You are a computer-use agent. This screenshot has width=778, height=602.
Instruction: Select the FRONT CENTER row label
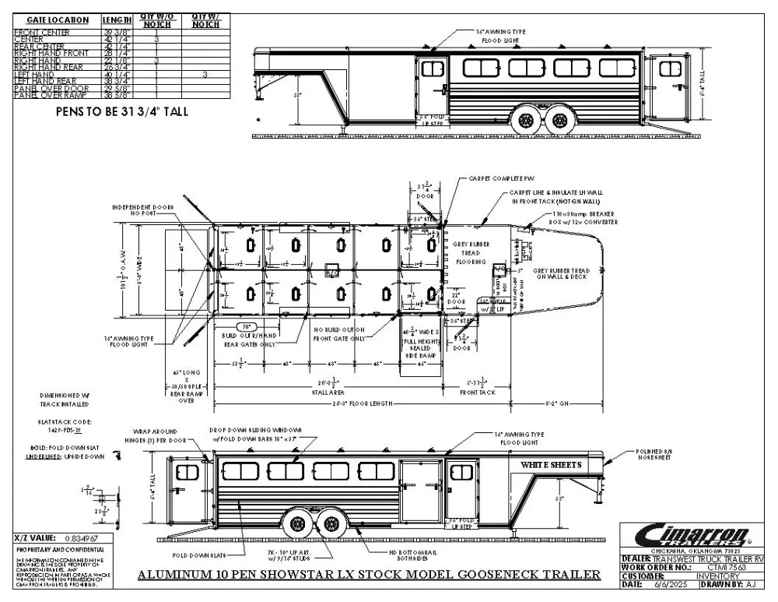click(x=41, y=32)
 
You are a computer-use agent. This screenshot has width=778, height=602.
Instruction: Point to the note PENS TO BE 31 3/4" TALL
click(x=122, y=111)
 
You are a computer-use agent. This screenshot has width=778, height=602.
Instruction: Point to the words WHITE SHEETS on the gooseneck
click(x=551, y=465)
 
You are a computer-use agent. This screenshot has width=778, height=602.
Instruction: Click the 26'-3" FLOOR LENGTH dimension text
click(x=370, y=405)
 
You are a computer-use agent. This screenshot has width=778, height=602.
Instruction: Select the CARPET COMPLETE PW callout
click(x=497, y=178)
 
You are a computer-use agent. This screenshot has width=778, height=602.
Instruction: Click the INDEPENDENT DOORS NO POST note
click(x=144, y=209)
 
